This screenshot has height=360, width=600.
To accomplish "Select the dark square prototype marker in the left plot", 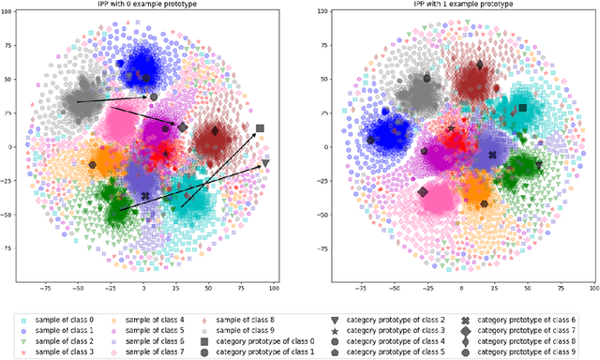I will click(x=260, y=128).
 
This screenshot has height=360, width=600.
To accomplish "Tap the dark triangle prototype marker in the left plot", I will click(x=265, y=163).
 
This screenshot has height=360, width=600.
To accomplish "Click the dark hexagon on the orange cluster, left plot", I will click(x=93, y=165).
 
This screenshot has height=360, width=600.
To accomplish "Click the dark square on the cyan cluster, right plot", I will click(x=522, y=108).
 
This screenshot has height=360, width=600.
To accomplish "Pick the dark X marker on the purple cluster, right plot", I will click(x=493, y=156).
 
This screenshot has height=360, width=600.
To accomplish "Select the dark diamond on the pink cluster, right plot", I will click(x=422, y=192).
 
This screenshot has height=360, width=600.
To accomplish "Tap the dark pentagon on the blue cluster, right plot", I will click(x=370, y=141).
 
